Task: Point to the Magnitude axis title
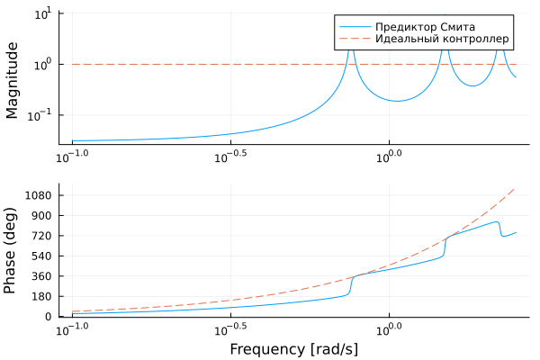click(13, 79)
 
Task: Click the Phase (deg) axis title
click(13, 251)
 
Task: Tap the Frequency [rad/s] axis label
click(293, 348)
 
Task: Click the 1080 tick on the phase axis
click(44, 195)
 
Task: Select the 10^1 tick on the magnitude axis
click(42, 14)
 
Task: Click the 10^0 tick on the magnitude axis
click(42, 65)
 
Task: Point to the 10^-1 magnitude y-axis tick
click(40, 115)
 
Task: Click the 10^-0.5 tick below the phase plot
click(230, 328)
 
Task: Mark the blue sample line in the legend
click(353, 25)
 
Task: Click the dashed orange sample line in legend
click(353, 40)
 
